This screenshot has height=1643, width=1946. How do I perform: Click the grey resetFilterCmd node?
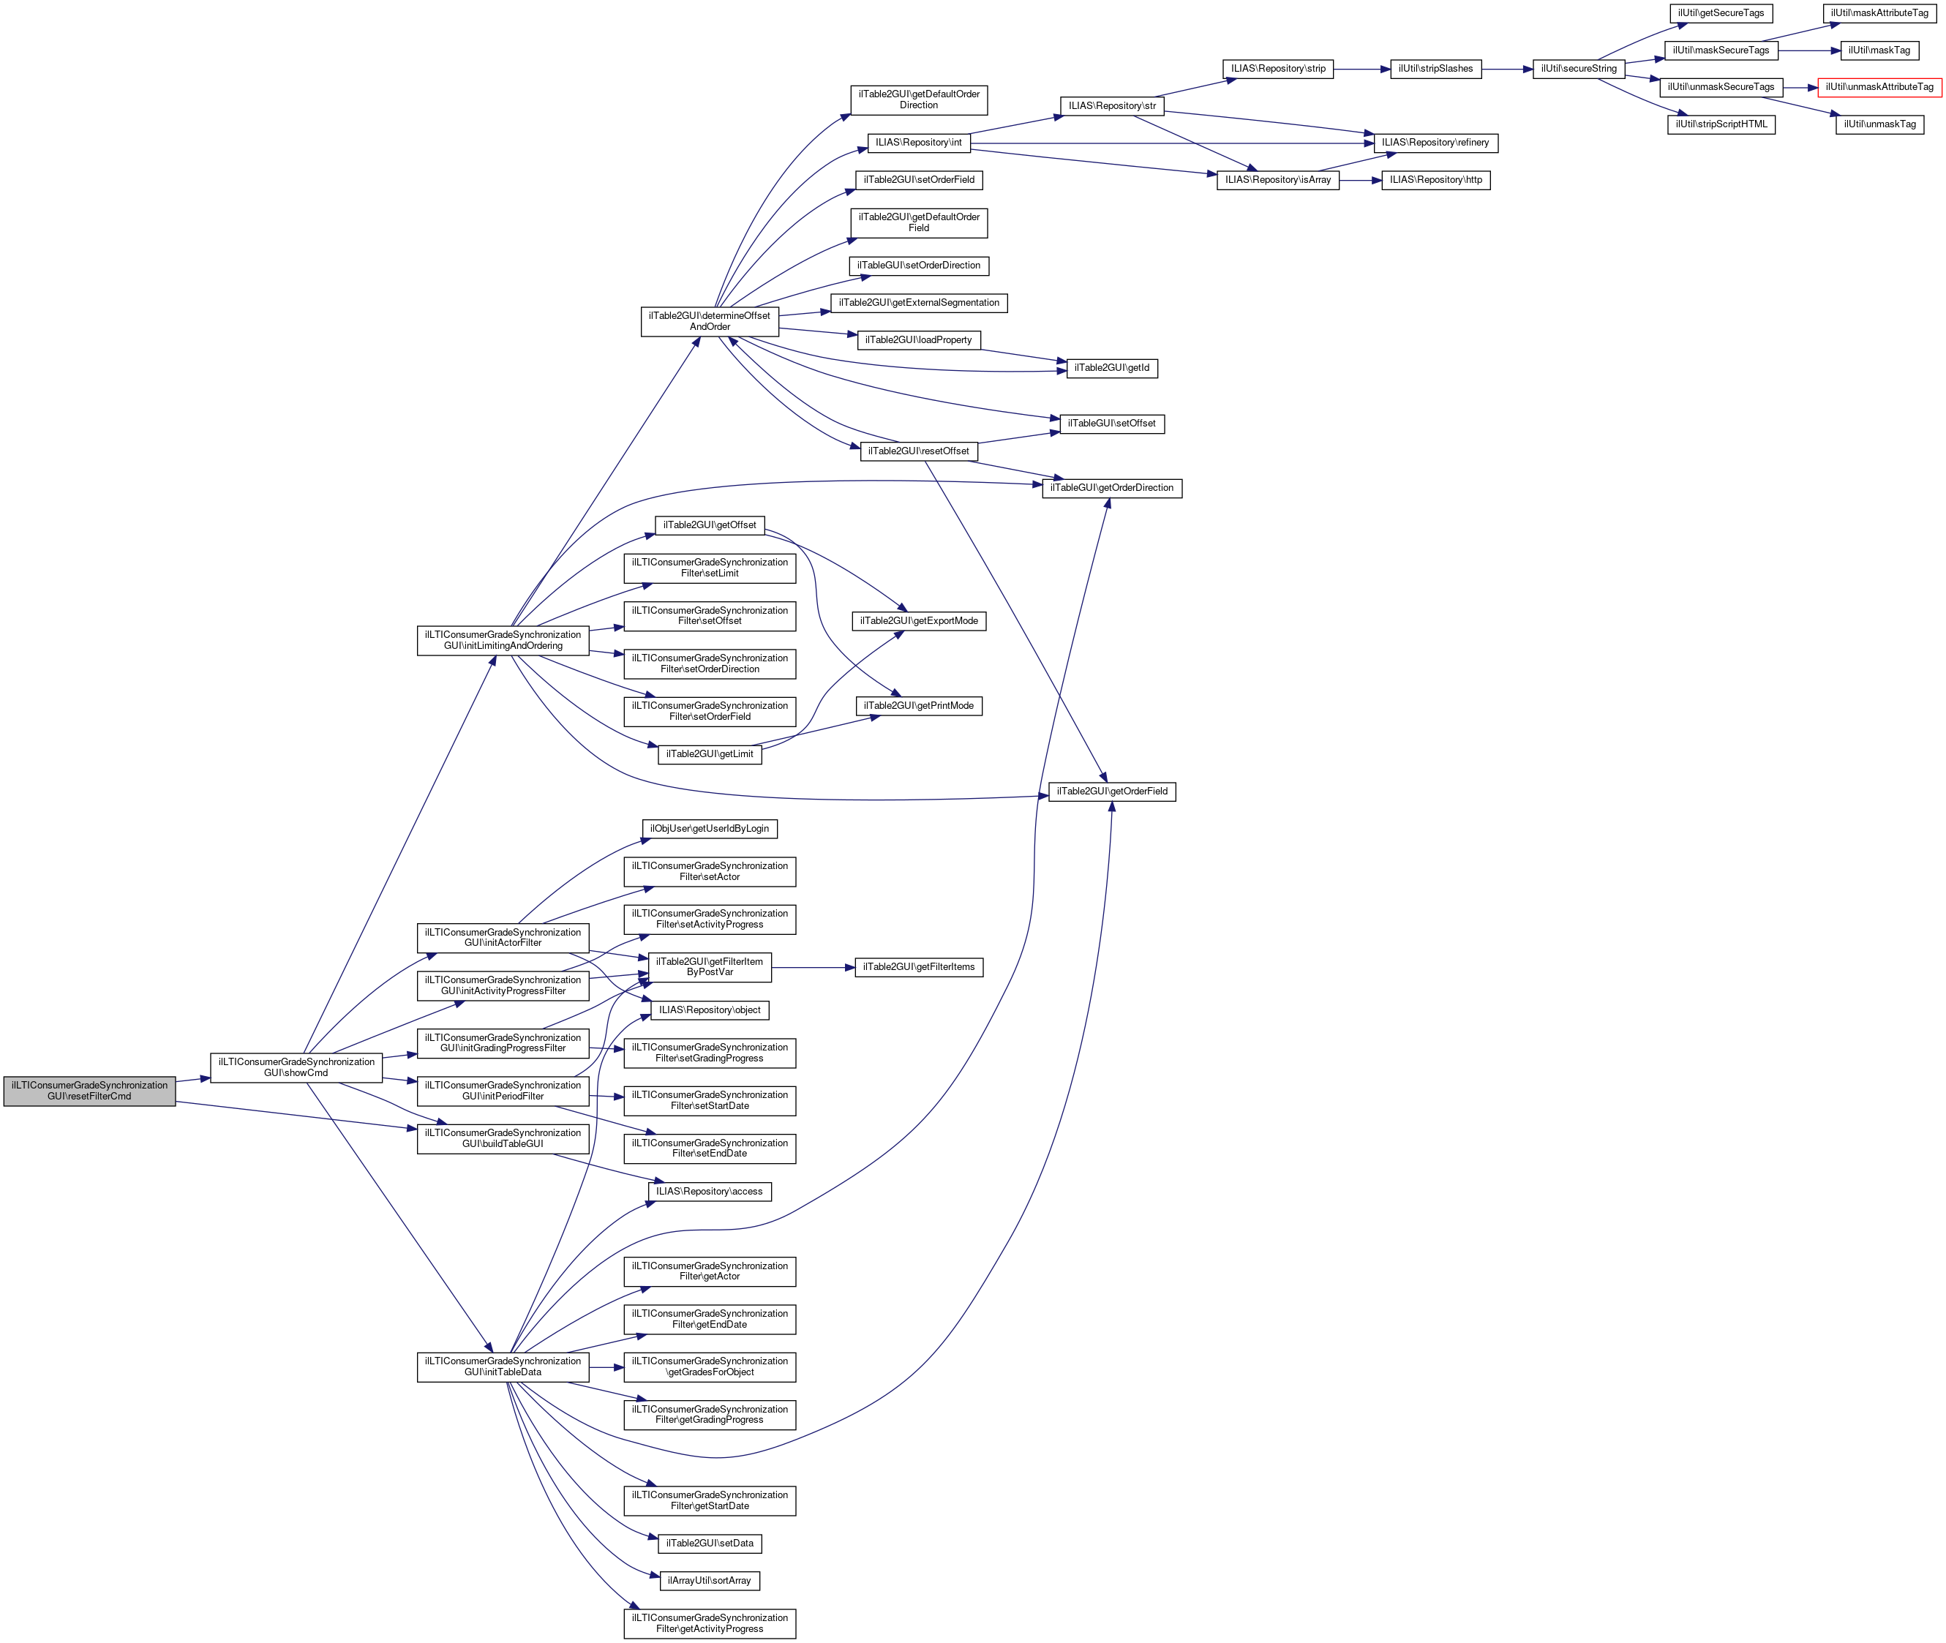click(x=89, y=1091)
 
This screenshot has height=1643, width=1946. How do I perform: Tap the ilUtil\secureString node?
click(x=1578, y=69)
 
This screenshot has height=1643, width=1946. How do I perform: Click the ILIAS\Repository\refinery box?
click(x=1435, y=143)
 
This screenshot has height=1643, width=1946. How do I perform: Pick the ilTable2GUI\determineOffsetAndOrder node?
click(x=709, y=321)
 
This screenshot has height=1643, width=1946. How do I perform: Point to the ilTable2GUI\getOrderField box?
click(x=1111, y=792)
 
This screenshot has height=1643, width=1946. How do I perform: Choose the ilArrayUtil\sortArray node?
click(x=709, y=1581)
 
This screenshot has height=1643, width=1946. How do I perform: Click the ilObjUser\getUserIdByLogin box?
click(x=709, y=829)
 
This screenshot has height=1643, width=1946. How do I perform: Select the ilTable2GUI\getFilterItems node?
click(x=919, y=968)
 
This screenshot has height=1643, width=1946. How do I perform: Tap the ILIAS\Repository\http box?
click(x=1435, y=180)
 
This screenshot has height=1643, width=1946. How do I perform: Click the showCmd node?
click(x=296, y=1067)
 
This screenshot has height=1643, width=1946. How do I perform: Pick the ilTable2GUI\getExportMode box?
click(x=919, y=621)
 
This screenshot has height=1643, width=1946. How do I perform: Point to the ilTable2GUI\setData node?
click(x=709, y=1544)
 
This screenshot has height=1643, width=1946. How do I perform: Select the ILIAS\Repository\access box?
click(x=709, y=1191)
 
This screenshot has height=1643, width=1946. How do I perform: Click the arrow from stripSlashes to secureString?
click(x=1506, y=69)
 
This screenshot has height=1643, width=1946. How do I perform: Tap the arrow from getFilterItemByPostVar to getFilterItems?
click(x=812, y=968)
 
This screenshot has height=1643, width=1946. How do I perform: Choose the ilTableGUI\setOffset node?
click(x=1111, y=424)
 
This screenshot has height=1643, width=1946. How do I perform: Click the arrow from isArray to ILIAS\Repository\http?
click(x=1360, y=180)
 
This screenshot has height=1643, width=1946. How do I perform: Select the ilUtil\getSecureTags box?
click(x=1721, y=13)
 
